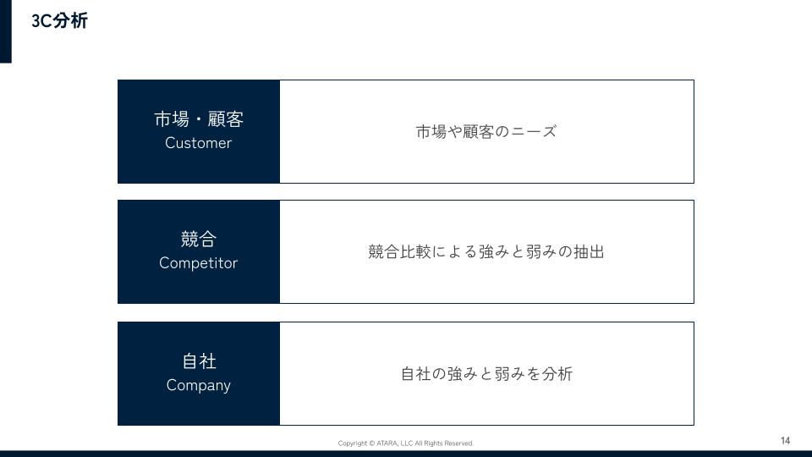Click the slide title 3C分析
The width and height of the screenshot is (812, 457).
59,20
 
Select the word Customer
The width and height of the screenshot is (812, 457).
198,143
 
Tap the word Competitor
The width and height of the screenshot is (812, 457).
198,263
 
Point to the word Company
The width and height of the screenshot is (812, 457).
198,386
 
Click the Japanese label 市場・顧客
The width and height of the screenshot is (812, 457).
199,119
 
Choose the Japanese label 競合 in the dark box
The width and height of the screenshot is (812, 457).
198,239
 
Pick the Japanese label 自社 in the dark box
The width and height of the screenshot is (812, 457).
199,361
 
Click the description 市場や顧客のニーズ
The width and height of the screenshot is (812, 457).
486,132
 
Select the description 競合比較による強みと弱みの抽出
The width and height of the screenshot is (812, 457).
486,252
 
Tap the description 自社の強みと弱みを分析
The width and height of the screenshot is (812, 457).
486,373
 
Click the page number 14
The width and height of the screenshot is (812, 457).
785,440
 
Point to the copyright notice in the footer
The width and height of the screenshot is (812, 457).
405,443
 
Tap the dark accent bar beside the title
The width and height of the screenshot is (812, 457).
6,31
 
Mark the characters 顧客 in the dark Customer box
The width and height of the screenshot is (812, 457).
226,119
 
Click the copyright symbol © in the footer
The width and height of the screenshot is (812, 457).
372,443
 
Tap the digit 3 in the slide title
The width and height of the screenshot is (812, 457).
36,21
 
